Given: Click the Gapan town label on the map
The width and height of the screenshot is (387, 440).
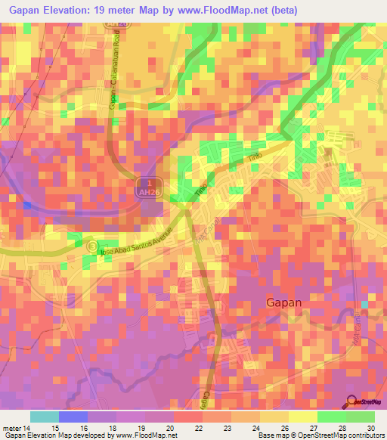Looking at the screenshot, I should click(x=284, y=302).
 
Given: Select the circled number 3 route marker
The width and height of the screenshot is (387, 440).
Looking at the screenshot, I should click(x=92, y=246).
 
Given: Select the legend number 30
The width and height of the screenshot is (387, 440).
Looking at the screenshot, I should click(x=369, y=428).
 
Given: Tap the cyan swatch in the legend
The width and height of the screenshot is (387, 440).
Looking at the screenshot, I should click(x=44, y=417).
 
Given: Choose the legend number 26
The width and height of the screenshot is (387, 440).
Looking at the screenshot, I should click(x=280, y=428).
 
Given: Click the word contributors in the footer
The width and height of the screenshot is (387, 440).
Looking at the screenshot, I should click(x=364, y=435).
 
